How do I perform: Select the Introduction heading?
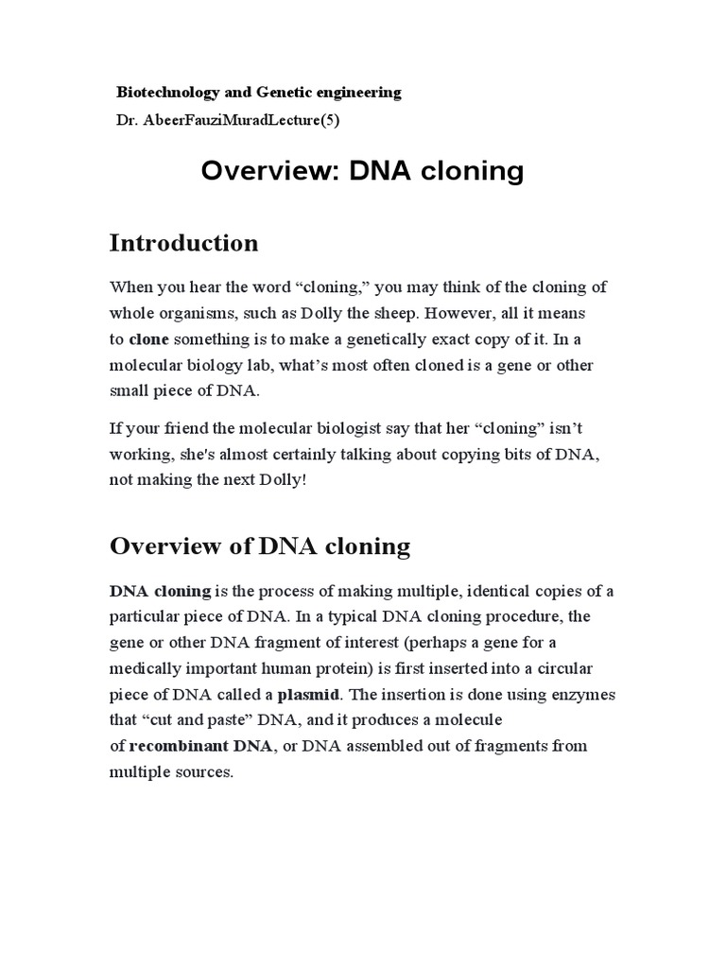tap(183, 243)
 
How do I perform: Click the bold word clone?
tap(148, 338)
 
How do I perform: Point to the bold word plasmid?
tap(308, 695)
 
